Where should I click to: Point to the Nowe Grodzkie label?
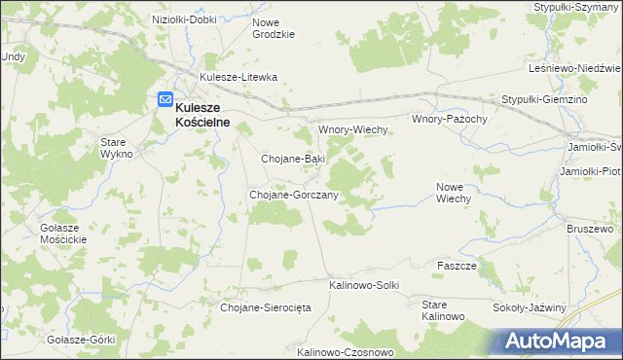(x=274, y=27)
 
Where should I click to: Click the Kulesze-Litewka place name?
(x=238, y=77)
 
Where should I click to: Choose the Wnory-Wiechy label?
(x=353, y=129)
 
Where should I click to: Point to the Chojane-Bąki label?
(x=293, y=158)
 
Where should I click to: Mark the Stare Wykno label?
(x=123, y=148)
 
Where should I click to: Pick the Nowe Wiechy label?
(x=454, y=192)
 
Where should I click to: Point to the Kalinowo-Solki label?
(x=364, y=285)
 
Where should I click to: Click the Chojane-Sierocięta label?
(x=266, y=307)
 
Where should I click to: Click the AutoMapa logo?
(x=559, y=341)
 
